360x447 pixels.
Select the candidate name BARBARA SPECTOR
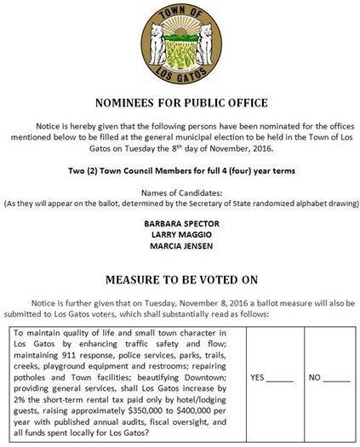180,221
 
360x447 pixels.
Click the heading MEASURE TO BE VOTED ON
180,278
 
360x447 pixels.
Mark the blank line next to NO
336,376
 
